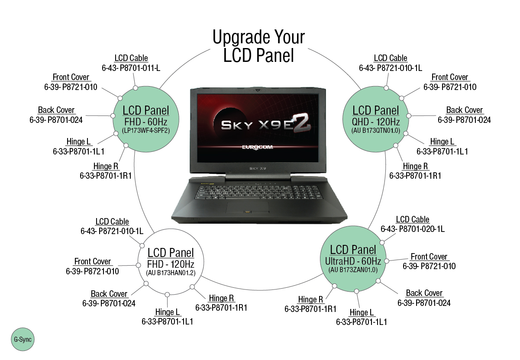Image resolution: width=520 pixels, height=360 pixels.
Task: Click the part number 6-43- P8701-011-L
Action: coord(131,68)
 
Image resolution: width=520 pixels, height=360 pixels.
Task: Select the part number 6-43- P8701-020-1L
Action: coord(413,229)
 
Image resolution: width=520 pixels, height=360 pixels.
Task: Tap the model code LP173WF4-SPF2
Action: coord(145,130)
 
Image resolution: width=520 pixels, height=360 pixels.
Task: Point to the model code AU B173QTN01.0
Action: coord(375,130)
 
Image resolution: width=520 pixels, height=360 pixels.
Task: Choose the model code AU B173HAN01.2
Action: coord(171,273)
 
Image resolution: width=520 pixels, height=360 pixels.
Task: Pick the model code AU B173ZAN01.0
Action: coord(353,270)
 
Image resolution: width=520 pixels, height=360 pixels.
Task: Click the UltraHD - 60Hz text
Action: coord(353,261)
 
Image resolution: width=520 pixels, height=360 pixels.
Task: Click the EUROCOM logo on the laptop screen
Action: coord(259,147)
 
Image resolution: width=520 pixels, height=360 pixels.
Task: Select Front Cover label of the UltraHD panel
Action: coord(429,257)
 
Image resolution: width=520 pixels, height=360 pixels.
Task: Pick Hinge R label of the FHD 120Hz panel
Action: coord(221,298)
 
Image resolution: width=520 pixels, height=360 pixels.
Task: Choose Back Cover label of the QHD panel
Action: coord(464,110)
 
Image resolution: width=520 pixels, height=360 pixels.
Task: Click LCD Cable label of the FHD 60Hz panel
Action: coord(131,58)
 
